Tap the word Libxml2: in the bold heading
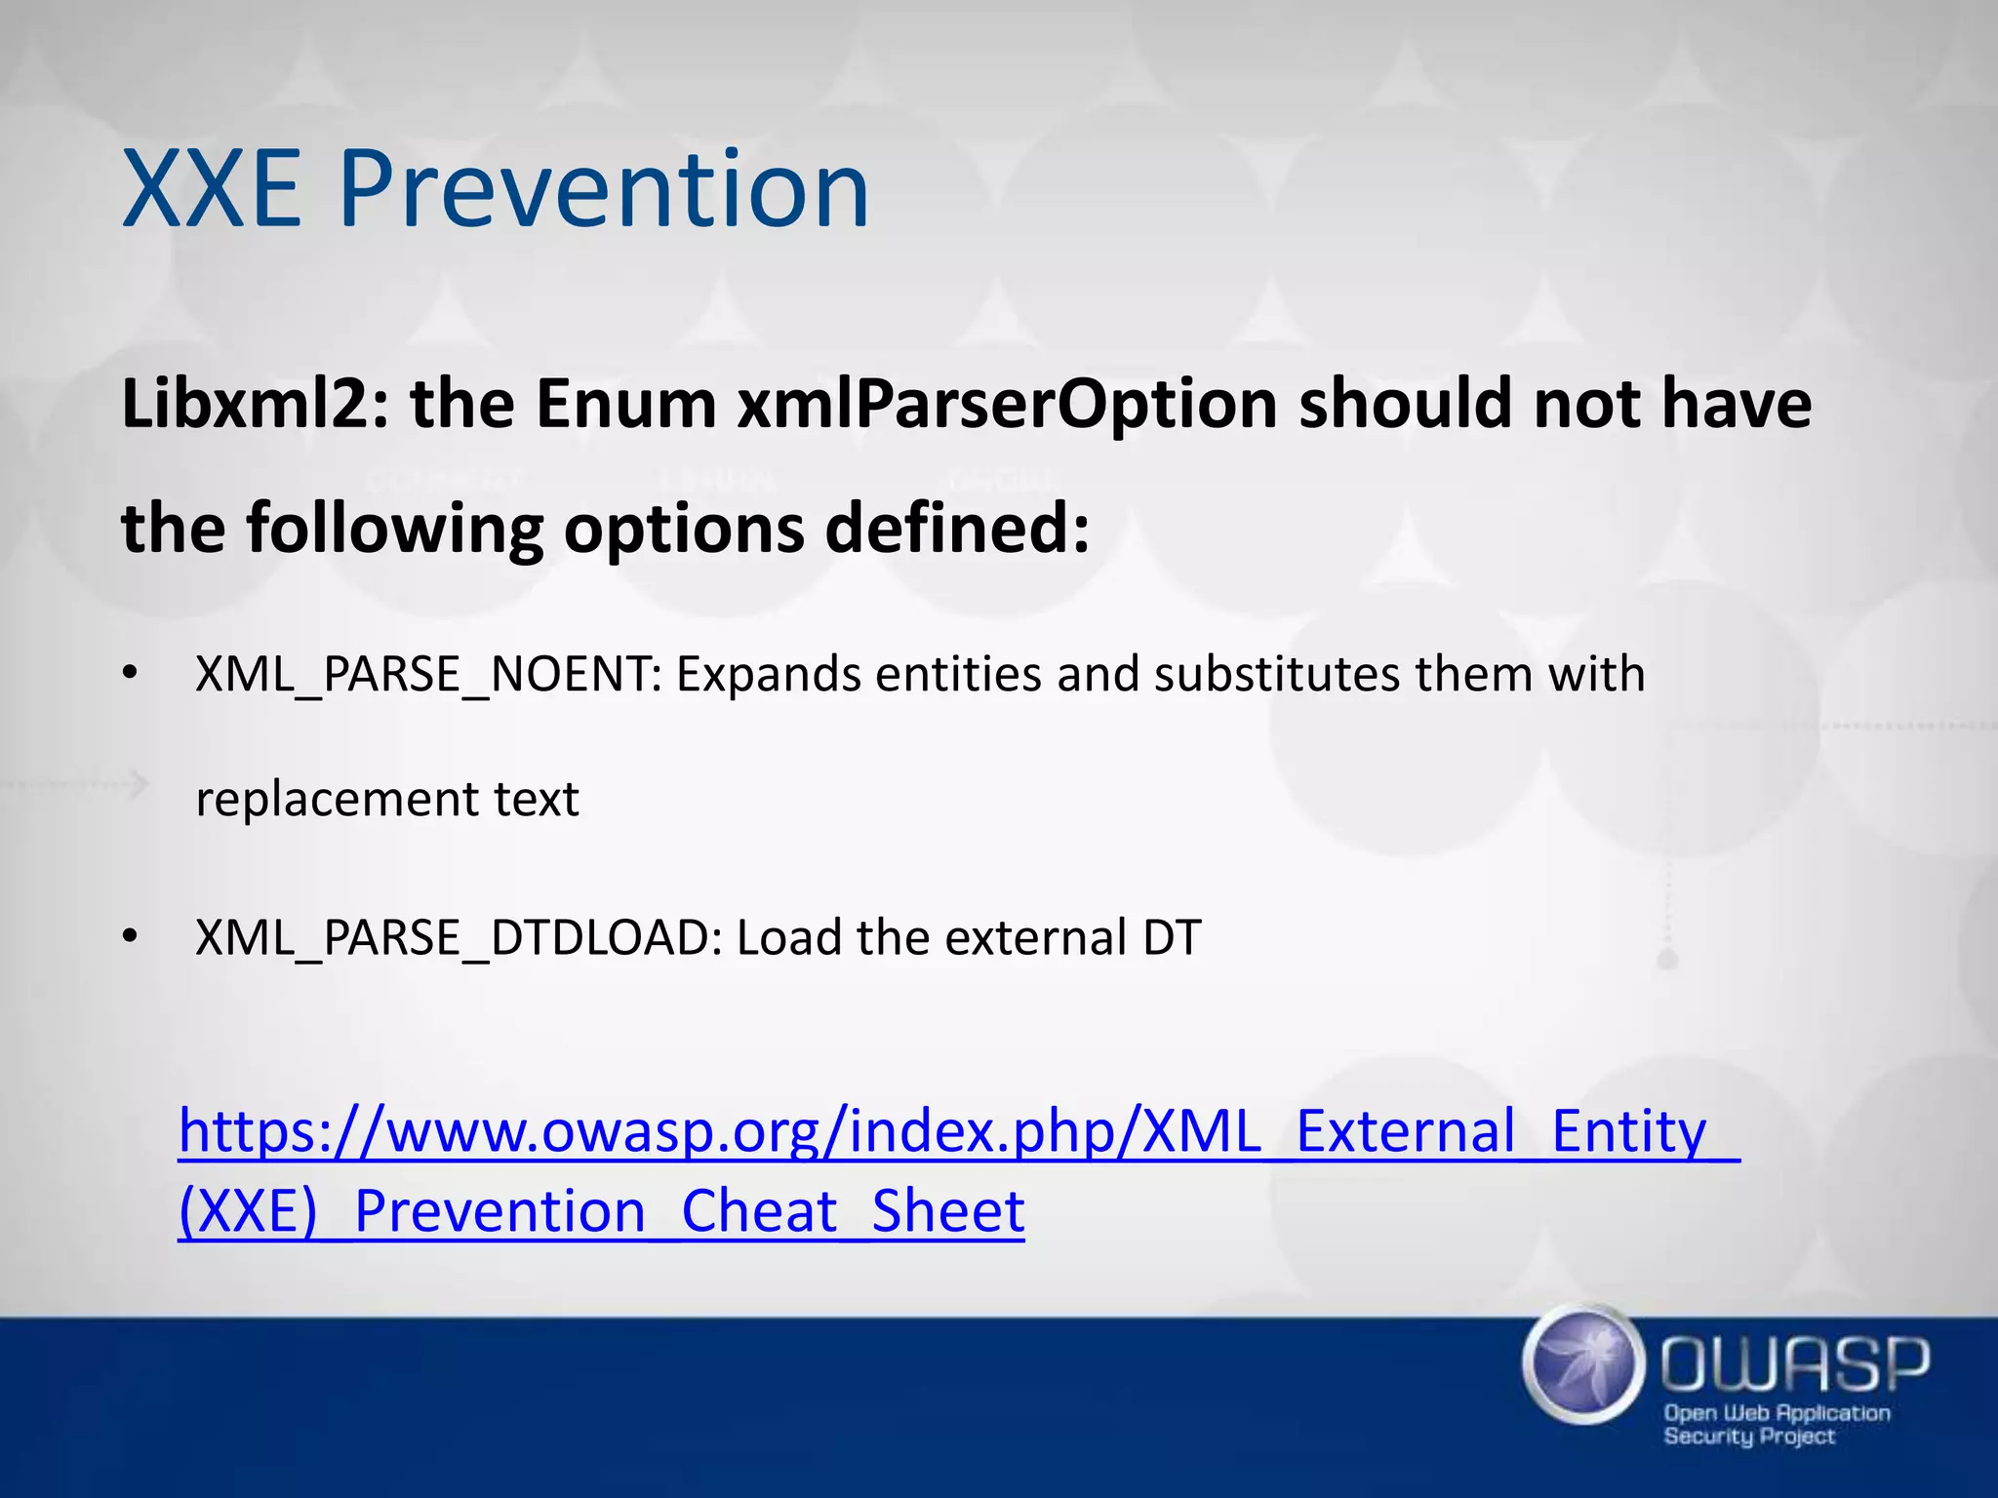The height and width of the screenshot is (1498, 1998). (255, 405)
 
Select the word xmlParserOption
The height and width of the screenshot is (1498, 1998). (1007, 405)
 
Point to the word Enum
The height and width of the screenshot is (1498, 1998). (625, 405)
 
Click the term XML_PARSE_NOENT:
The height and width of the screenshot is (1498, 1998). (428, 675)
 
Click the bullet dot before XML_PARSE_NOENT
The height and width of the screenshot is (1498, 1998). (131, 674)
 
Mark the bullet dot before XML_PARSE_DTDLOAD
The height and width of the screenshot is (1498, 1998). (131, 937)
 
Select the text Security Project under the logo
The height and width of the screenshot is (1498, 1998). (1748, 1437)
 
